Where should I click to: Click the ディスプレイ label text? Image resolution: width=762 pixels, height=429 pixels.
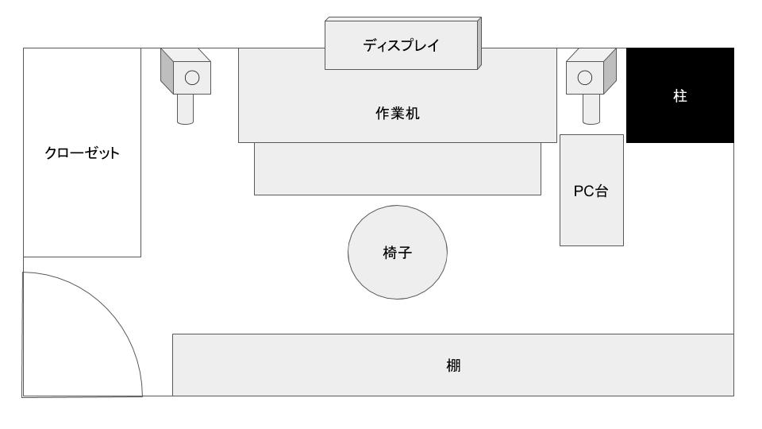(x=401, y=46)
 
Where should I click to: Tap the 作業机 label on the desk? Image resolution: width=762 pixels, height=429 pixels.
(x=397, y=114)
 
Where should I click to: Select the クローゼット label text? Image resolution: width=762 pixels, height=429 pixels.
(x=82, y=153)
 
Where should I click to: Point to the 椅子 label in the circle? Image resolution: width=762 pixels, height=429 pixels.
(x=398, y=253)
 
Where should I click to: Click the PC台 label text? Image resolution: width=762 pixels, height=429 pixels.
(x=591, y=191)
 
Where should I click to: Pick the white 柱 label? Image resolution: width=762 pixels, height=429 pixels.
(x=680, y=96)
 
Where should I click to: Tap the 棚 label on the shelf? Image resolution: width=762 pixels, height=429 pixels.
(x=453, y=365)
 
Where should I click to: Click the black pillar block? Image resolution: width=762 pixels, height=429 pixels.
(x=680, y=95)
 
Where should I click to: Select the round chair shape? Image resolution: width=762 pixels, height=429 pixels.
(x=398, y=252)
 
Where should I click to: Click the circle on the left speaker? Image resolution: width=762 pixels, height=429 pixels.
(x=192, y=78)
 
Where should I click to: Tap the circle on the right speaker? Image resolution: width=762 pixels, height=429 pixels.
(x=585, y=77)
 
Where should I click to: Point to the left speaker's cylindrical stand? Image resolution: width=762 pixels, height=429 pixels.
(x=185, y=110)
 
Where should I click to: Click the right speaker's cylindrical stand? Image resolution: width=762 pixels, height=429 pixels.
(x=591, y=110)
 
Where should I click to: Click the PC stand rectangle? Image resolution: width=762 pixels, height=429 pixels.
(x=591, y=190)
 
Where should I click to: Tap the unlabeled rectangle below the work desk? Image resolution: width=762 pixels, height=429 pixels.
(x=398, y=168)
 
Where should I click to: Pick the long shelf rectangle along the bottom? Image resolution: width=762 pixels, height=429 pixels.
(x=453, y=365)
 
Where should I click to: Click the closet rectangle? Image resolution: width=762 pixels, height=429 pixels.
(x=82, y=153)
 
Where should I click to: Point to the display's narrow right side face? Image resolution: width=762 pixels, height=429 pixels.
(x=479, y=43)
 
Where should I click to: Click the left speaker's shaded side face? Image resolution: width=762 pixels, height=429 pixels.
(x=167, y=71)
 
